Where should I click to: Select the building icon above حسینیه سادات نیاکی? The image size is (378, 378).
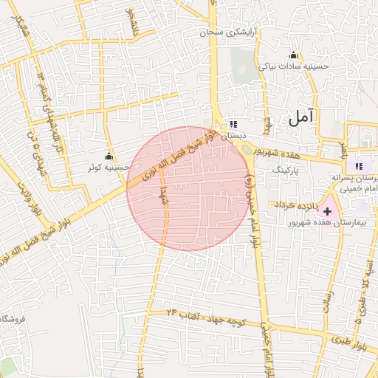pyautogui.click(x=293, y=55)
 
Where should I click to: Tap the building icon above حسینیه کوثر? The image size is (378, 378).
pyautogui.click(x=109, y=157)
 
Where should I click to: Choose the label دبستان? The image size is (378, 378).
pyautogui.click(x=233, y=136)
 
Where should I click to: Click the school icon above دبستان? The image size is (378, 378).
pyautogui.click(x=233, y=125)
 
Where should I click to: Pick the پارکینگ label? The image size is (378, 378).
pyautogui.click(x=288, y=169)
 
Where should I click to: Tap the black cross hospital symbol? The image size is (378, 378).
pyautogui.click(x=328, y=212)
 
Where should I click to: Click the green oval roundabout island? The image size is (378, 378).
pyautogui.click(x=245, y=150)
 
